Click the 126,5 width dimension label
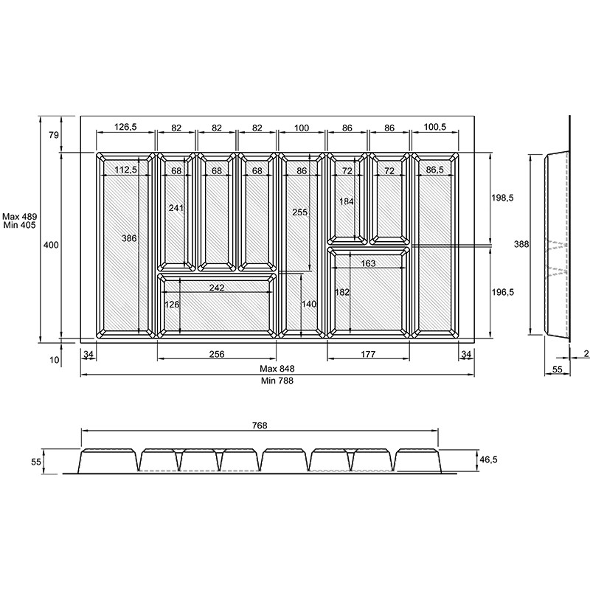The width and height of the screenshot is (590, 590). [125, 127]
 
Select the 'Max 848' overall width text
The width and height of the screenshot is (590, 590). [277, 369]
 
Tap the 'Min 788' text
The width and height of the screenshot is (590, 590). [277, 381]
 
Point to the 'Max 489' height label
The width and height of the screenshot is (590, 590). [20, 217]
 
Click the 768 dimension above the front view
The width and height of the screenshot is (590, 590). [260, 426]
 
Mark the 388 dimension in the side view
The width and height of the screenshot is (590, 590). [521, 244]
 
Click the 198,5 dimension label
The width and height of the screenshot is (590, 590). [502, 198]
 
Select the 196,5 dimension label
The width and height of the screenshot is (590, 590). [503, 292]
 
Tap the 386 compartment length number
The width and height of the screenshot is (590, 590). [129, 238]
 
